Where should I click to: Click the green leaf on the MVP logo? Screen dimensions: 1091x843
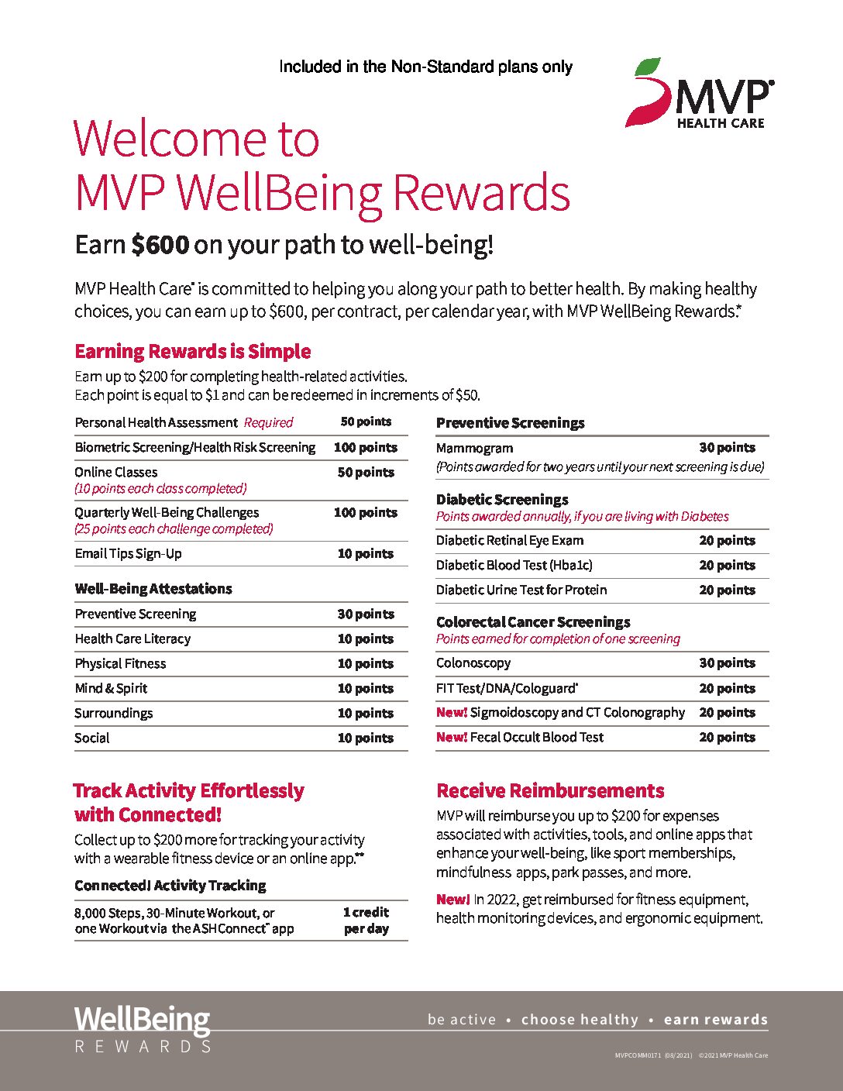[648, 68]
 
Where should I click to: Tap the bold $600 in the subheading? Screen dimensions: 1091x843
[160, 245]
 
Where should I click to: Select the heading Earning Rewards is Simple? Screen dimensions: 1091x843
[192, 352]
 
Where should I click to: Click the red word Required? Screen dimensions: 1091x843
[268, 423]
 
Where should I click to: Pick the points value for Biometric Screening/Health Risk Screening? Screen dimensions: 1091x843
[366, 448]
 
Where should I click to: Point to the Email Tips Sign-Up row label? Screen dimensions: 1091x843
[129, 553]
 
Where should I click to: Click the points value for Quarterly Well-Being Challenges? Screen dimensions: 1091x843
[366, 513]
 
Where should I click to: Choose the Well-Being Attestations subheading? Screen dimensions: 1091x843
[153, 589]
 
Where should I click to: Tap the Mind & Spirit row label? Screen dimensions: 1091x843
[111, 688]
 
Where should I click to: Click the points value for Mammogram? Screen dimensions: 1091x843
[727, 448]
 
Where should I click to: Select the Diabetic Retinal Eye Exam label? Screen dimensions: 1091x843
[510, 541]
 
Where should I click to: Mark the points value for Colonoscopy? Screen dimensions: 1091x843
[727, 663]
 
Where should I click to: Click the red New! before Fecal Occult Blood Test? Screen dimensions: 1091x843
[451, 738]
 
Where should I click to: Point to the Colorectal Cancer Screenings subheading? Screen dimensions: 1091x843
[533, 622]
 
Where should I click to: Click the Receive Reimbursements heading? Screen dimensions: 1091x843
[550, 791]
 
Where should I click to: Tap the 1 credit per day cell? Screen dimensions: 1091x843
[366, 921]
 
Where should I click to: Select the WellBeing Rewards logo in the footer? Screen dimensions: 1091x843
[143, 1030]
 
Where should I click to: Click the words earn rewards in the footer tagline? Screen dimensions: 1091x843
[715, 1020]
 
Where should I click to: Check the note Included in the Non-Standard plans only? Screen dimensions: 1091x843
[425, 67]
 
